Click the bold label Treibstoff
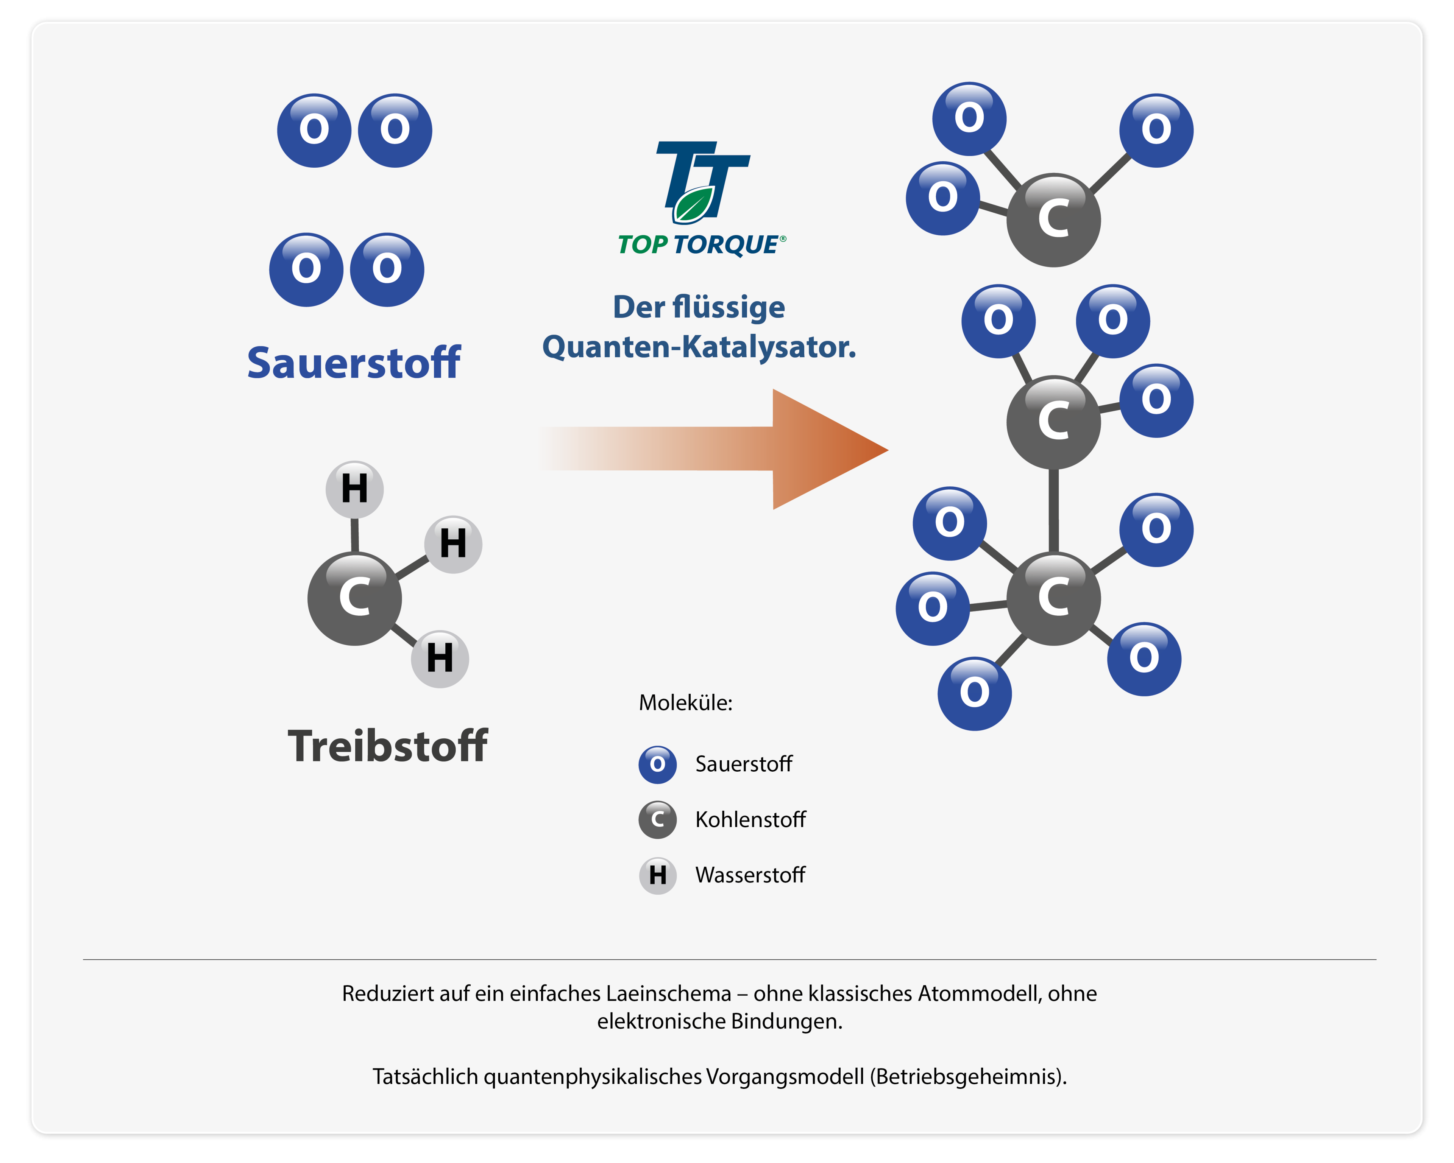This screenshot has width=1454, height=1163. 388,746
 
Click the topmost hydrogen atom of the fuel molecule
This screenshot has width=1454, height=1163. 355,489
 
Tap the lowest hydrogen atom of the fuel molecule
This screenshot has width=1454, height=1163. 440,658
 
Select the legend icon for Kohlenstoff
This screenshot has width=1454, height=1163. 658,819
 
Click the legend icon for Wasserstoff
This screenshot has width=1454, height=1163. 658,875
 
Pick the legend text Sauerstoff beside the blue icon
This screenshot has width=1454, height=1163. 744,764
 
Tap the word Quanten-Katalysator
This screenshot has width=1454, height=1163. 699,347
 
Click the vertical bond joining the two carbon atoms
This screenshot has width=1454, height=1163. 1053,511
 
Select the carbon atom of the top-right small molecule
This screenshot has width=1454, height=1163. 1053,220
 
